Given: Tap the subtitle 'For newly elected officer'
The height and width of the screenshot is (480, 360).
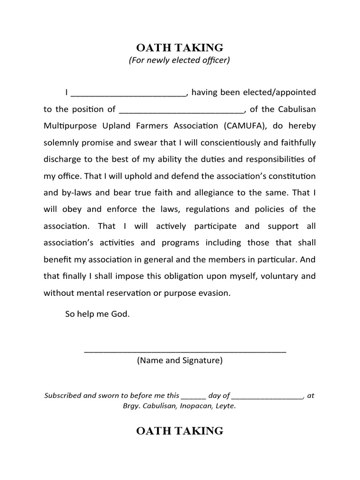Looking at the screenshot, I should click(x=180, y=60).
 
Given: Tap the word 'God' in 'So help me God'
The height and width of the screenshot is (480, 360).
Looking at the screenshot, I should click(x=119, y=314).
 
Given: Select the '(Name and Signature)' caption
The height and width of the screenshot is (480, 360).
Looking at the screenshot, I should click(x=180, y=360).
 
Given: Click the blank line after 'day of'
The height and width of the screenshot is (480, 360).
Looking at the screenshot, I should click(x=267, y=397).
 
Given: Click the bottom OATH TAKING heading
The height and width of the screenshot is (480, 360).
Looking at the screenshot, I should click(x=180, y=431).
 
